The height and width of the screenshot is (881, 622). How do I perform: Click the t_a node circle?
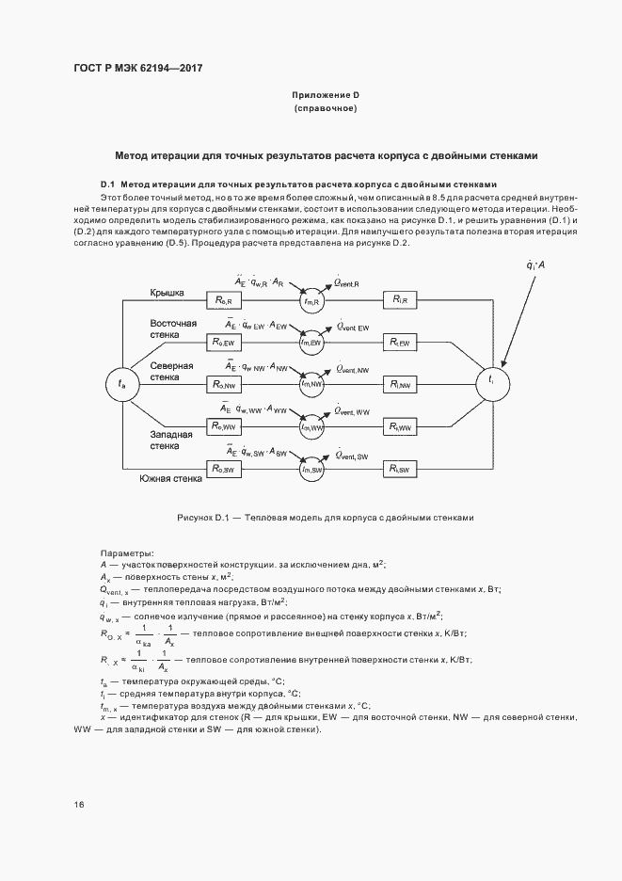click(x=120, y=383)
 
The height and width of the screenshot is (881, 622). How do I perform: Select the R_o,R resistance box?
click(x=226, y=299)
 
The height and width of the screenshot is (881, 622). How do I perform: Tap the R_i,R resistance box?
click(x=400, y=299)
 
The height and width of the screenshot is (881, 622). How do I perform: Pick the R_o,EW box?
click(x=226, y=342)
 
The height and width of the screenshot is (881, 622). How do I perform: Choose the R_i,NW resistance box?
click(x=400, y=384)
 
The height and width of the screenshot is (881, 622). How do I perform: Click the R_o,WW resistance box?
click(x=226, y=426)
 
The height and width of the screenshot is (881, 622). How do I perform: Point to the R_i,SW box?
click(x=400, y=468)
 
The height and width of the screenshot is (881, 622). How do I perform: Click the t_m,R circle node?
click(x=312, y=300)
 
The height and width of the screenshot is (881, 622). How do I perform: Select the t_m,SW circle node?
click(x=312, y=469)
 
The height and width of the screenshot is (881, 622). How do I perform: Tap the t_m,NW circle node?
click(x=312, y=384)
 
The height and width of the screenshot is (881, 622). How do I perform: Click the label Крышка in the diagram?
click(x=167, y=293)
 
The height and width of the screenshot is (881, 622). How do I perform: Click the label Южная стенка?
click(x=170, y=479)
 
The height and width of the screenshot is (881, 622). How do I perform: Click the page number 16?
click(x=79, y=805)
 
